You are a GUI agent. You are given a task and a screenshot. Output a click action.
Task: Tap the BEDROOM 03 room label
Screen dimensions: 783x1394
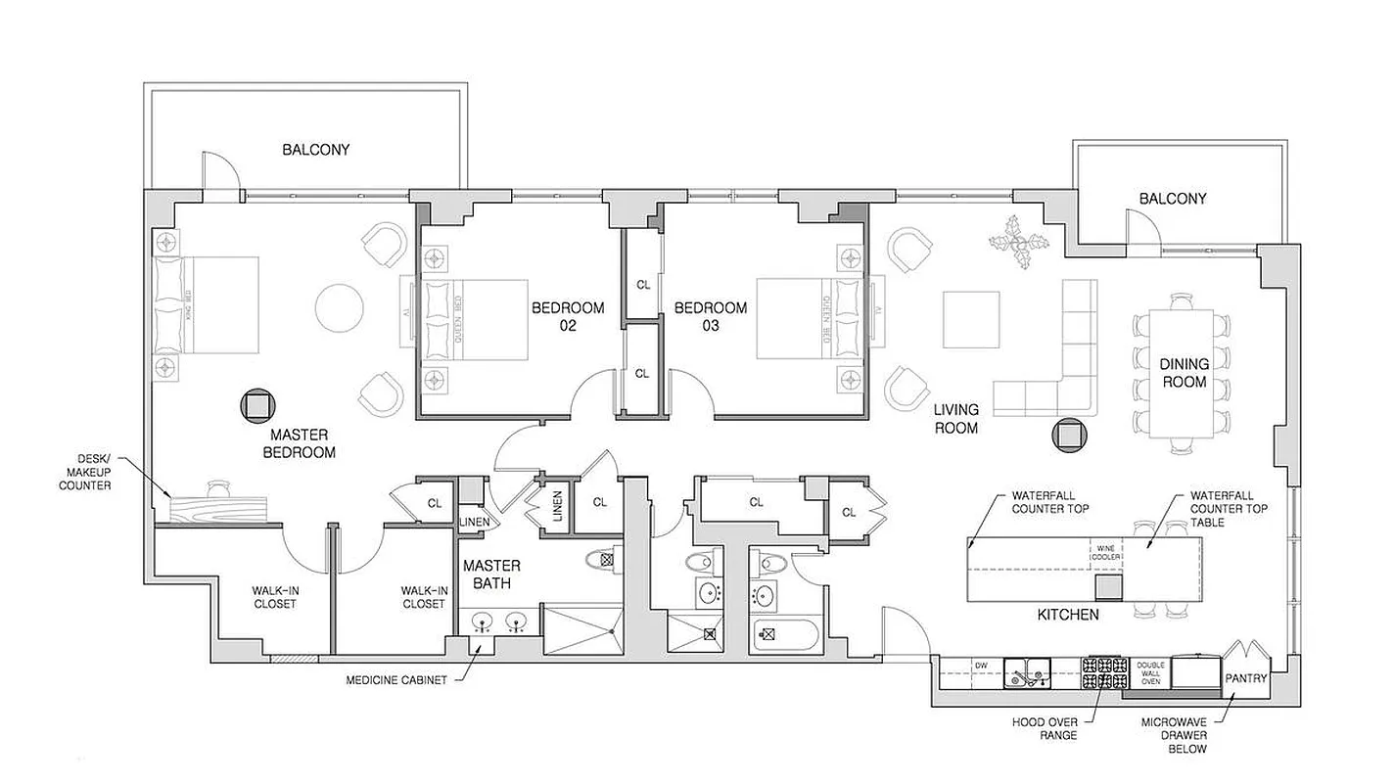710,316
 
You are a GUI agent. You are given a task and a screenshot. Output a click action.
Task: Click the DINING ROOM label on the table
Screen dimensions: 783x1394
1185,372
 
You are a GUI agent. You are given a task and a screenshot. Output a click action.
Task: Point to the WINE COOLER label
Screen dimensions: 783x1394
1104,553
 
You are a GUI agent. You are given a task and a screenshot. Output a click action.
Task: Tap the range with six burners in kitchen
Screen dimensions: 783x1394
1104,673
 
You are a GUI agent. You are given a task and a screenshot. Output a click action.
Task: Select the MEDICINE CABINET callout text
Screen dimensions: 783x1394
397,680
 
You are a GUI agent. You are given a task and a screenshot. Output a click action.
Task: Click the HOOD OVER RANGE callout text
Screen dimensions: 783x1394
1045,728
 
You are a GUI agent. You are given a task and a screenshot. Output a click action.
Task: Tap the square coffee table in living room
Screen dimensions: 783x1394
970,319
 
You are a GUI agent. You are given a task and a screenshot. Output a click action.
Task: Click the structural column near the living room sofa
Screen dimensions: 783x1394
1068,435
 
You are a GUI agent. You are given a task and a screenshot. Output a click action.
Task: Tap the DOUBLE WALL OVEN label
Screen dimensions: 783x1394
1150,674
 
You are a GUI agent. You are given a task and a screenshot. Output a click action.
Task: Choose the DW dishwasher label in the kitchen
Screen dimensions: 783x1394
980,667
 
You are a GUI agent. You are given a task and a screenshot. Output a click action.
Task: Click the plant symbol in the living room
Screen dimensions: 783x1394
1018,243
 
